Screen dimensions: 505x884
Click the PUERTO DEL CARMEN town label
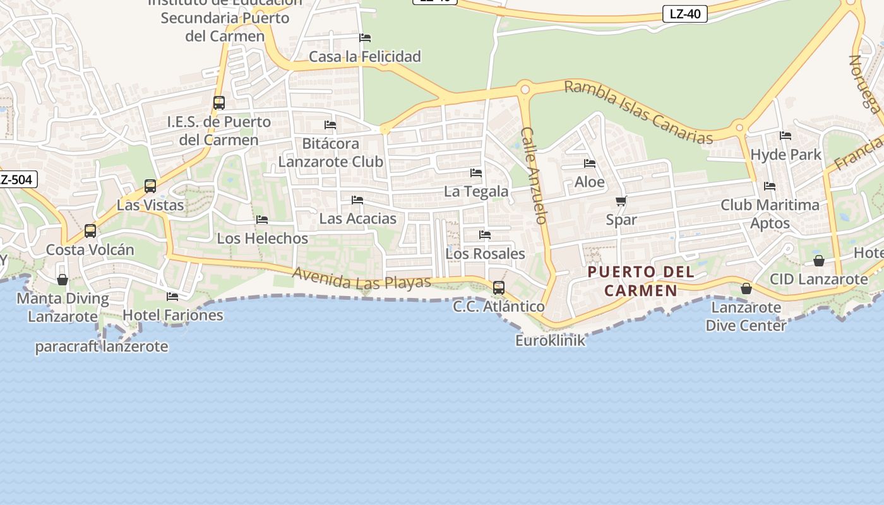[640, 282]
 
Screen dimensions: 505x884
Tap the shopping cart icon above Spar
[621, 201]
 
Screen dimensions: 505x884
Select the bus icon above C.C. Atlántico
[499, 288]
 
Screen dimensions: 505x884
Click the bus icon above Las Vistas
[150, 186]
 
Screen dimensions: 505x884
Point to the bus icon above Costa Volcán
[90, 231]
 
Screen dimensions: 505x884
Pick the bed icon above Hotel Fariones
[172, 296]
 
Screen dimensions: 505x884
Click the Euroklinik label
[550, 341]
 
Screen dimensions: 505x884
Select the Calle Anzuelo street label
[534, 175]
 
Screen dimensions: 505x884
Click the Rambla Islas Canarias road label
[638, 112]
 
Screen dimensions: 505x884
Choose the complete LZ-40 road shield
[684, 14]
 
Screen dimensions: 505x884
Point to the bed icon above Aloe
[590, 163]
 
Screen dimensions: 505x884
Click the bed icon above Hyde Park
[785, 136]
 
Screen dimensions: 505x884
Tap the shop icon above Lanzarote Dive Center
[746, 289]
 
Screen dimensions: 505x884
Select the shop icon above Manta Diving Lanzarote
[63, 280]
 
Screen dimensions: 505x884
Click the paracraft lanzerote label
[102, 347]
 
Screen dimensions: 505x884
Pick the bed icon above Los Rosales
[485, 235]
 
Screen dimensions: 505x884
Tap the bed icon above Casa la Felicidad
[365, 38]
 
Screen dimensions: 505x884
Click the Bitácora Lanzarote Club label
[331, 153]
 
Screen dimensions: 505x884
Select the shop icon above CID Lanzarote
[819, 261]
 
